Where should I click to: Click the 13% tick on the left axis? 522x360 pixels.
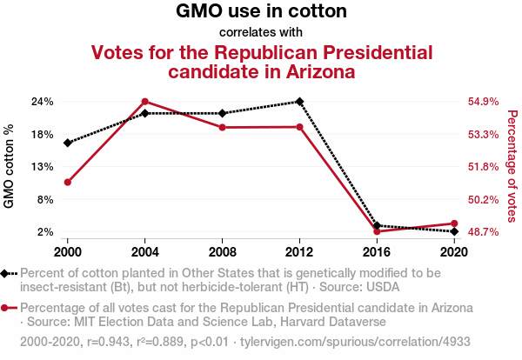point(43,167)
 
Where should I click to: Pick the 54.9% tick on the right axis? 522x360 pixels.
point(483,102)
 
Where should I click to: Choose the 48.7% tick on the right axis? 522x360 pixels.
point(483,232)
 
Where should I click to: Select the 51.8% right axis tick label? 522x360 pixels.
point(483,167)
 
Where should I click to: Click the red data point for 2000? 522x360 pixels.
point(67,183)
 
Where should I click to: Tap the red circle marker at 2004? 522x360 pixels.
point(144,102)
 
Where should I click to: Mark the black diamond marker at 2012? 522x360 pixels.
point(299,102)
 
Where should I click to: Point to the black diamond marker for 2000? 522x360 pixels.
point(67,143)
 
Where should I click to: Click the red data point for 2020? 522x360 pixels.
point(454,224)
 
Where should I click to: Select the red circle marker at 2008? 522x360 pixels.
point(222,128)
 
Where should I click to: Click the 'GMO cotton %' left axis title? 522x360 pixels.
point(10,167)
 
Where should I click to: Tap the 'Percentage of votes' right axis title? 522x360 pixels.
point(512,167)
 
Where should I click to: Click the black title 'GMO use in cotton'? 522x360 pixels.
point(261,12)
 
